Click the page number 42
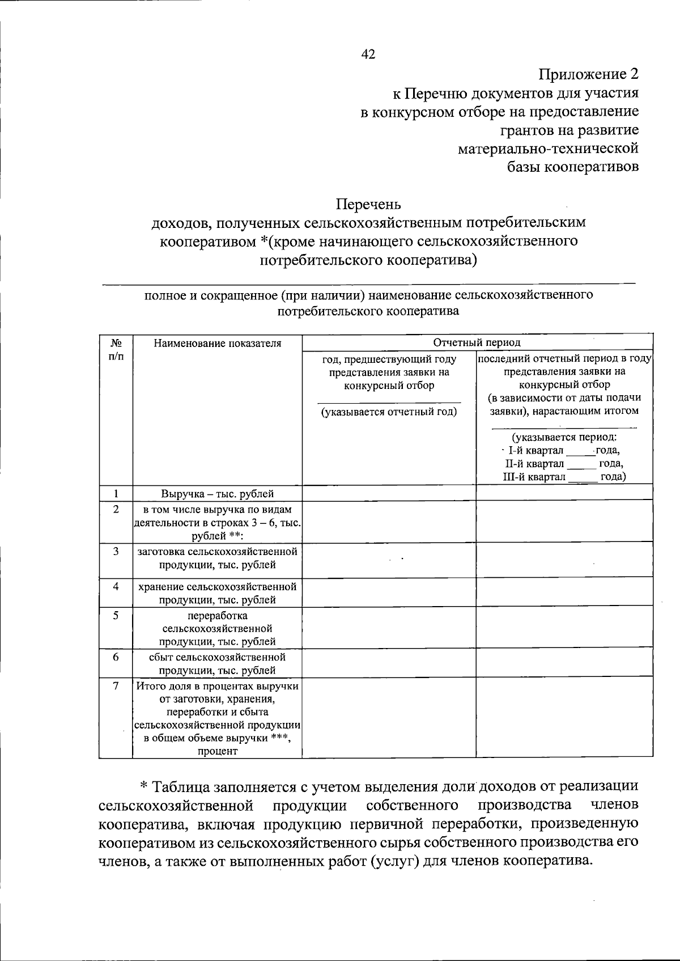tap(368, 54)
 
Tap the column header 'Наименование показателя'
tap(217, 343)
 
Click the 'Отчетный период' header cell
tap(477, 342)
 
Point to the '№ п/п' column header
tap(116, 349)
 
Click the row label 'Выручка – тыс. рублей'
tap(217, 494)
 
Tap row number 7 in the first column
tap(116, 686)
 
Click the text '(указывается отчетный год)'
tap(389, 412)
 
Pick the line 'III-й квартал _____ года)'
tap(564, 477)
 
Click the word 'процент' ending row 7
tap(217, 752)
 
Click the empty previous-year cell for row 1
tap(389, 494)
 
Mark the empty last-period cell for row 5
tap(564, 628)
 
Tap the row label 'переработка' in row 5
tap(217, 616)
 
